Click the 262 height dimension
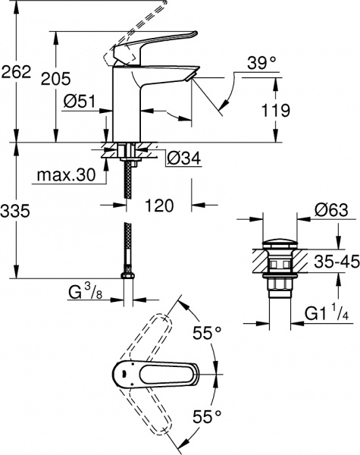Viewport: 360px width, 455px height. (x=17, y=72)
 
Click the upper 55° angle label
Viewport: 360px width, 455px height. (x=208, y=331)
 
